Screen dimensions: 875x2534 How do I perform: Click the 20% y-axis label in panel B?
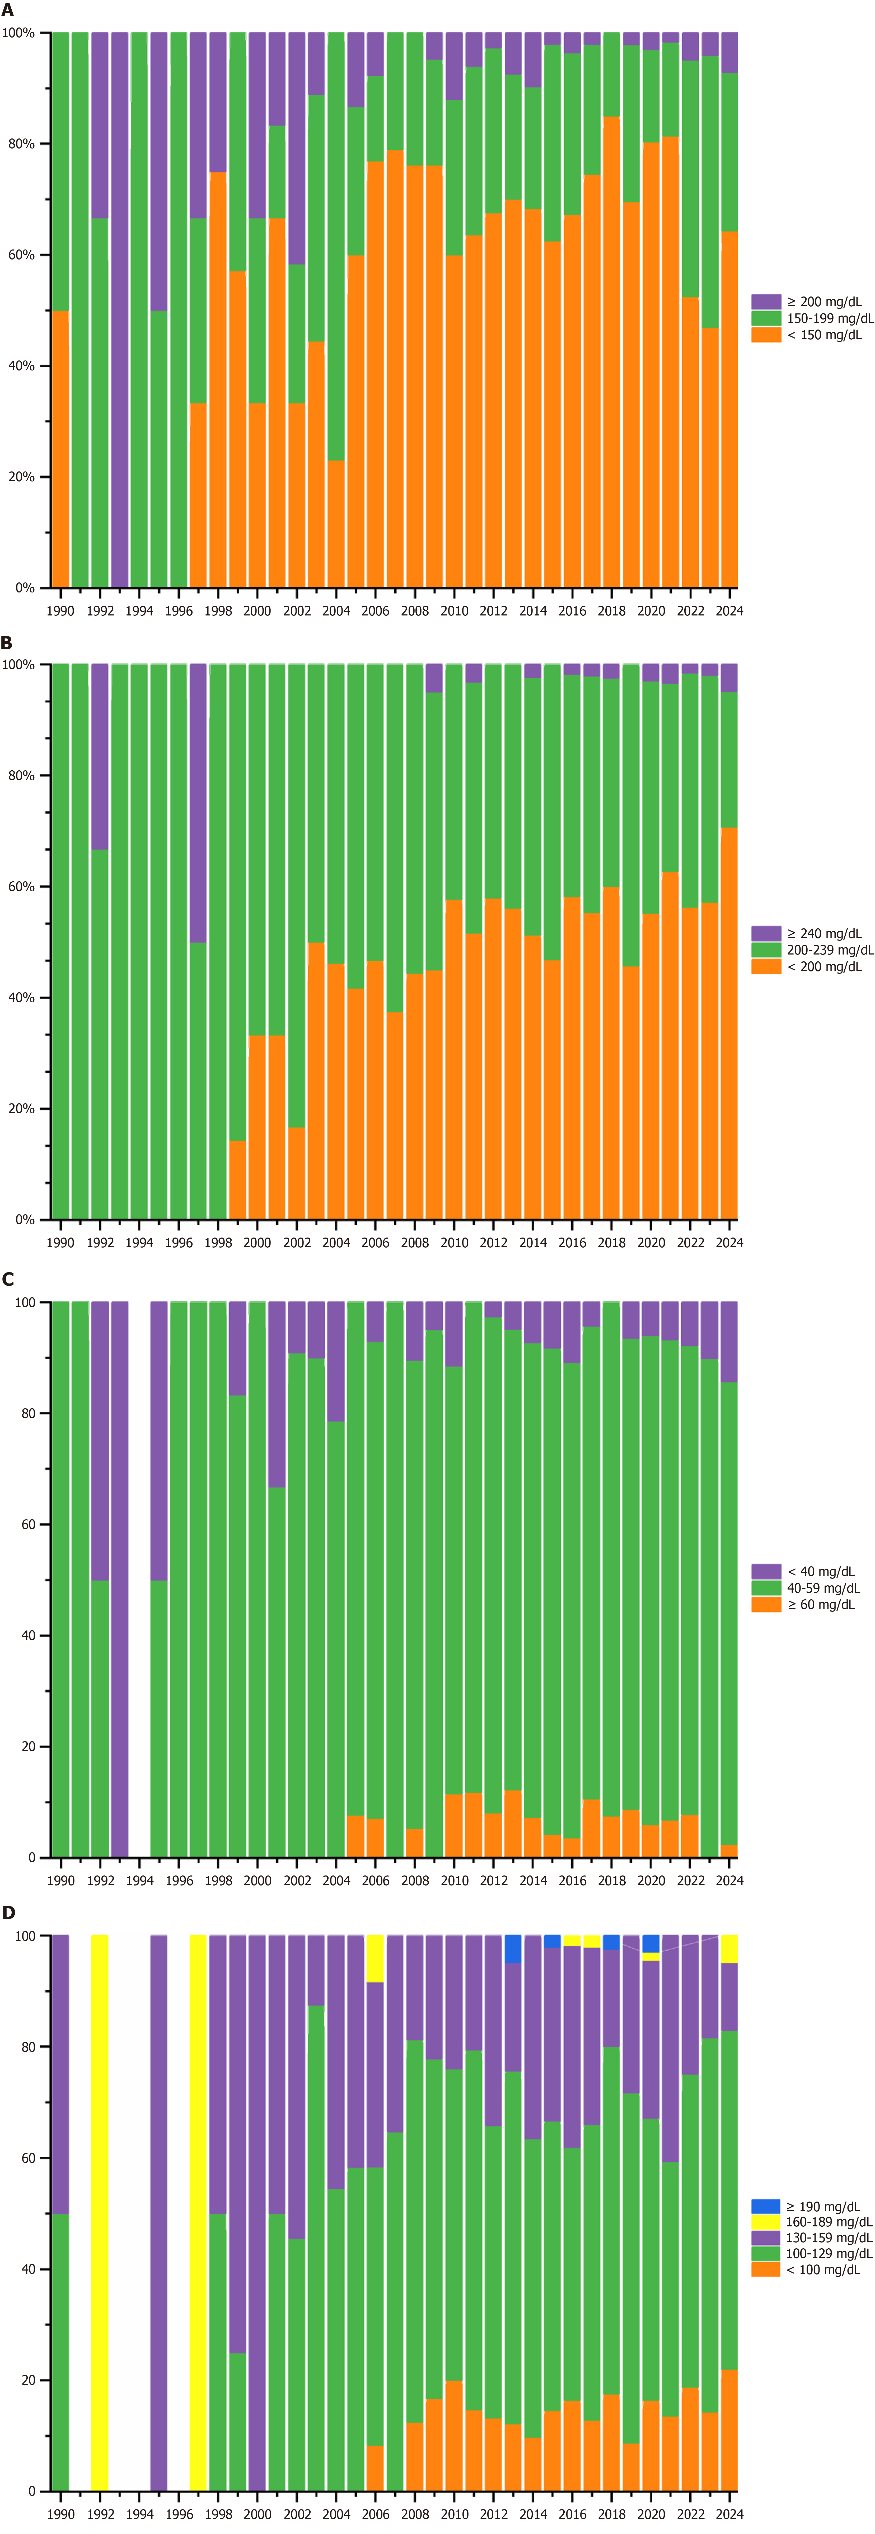pos(20,1109)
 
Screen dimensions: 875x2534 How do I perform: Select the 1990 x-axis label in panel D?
pos(60,2513)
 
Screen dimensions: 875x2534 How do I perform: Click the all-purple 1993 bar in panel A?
pos(119,310)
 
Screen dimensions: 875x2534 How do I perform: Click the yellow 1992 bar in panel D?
pos(99,2213)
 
